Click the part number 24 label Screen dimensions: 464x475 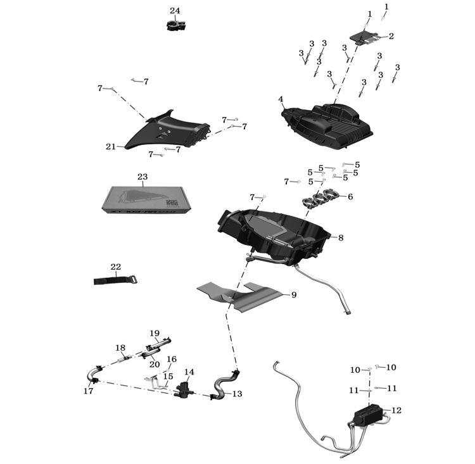point(175,11)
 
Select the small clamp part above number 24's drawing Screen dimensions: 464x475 point(175,25)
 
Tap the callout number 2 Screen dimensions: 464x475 point(391,36)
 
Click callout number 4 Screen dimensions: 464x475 point(281,99)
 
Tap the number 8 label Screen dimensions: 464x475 point(341,238)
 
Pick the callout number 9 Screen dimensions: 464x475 point(293,295)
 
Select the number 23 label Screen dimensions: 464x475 point(142,177)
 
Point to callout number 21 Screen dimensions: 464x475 point(111,147)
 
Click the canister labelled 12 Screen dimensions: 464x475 point(367,415)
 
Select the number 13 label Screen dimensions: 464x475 point(237,394)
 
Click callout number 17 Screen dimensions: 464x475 point(88,391)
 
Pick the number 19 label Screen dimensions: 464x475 point(155,333)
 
